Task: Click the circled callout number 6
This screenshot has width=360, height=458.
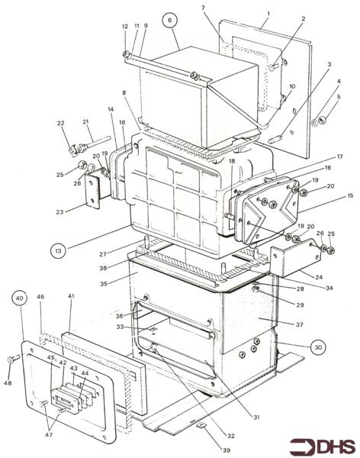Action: pyautogui.click(x=171, y=20)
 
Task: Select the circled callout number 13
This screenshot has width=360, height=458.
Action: pyautogui.click(x=58, y=250)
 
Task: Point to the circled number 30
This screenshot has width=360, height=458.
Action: pyautogui.click(x=318, y=347)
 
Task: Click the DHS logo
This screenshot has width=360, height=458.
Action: pyautogui.click(x=323, y=447)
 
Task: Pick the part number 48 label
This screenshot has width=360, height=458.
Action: pyautogui.click(x=8, y=382)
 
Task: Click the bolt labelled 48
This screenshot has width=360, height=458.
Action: pyautogui.click(x=14, y=359)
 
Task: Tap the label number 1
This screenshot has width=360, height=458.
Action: pyautogui.click(x=268, y=13)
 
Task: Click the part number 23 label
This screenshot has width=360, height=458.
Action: pyautogui.click(x=59, y=211)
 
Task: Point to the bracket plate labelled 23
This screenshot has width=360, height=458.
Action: pyautogui.click(x=93, y=190)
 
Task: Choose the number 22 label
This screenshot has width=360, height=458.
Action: pyautogui.click(x=60, y=123)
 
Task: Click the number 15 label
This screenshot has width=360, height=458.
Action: pyautogui.click(x=350, y=195)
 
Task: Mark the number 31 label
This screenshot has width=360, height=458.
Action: pyautogui.click(x=256, y=417)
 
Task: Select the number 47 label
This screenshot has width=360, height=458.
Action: pyautogui.click(x=49, y=434)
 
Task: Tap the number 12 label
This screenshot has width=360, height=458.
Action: pyautogui.click(x=124, y=26)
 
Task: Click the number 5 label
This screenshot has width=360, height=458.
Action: pyautogui.click(x=339, y=96)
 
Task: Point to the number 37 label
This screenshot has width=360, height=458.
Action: pyautogui.click(x=300, y=324)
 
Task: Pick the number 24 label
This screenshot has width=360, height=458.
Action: pyautogui.click(x=319, y=276)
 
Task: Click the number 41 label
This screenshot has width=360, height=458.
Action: pyautogui.click(x=71, y=296)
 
